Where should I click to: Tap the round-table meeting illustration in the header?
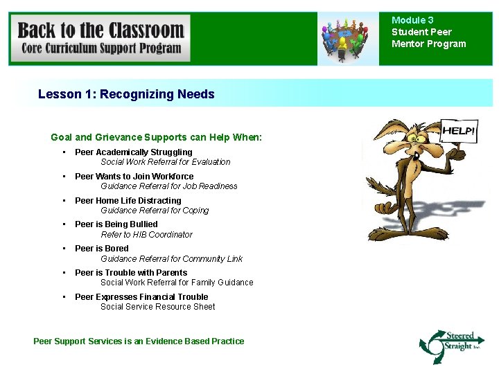(x=348, y=39)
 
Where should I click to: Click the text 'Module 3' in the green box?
(x=412, y=21)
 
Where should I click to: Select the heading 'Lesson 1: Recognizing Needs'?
(x=126, y=94)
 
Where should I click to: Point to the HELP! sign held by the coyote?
(x=459, y=130)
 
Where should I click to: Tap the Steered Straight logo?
(x=451, y=344)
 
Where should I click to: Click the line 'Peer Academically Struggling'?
(x=134, y=152)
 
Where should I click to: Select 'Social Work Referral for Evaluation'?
(x=166, y=162)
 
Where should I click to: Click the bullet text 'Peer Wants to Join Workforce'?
(x=134, y=177)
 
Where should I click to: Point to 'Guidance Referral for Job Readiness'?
(x=169, y=186)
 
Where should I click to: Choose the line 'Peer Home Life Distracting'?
(x=128, y=201)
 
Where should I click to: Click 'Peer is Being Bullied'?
(x=116, y=224)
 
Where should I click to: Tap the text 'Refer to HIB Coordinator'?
(x=146, y=235)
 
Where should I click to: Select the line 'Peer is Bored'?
(x=102, y=249)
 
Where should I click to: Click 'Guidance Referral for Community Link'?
(x=171, y=259)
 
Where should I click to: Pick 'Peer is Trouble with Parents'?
(x=131, y=273)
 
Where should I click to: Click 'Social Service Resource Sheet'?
(x=158, y=307)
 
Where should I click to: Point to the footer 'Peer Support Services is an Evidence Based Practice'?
(x=139, y=341)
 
